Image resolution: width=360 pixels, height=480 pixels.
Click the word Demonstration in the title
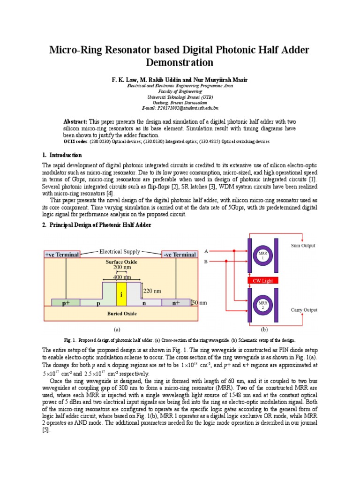(x=180, y=62)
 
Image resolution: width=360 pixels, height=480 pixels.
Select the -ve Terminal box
(x=179, y=255)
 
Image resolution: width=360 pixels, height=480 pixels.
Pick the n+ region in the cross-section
(x=175, y=303)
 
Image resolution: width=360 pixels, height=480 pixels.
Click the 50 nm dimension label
(x=201, y=303)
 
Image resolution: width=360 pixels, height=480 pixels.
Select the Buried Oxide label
(x=121, y=313)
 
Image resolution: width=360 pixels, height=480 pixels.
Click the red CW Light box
(x=262, y=280)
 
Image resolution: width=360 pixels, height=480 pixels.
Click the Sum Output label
(x=303, y=245)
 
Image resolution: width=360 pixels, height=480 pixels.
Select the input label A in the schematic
(x=206, y=251)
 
